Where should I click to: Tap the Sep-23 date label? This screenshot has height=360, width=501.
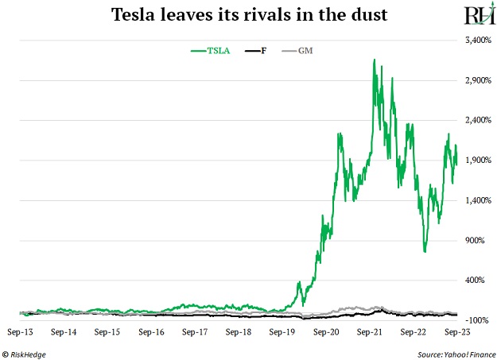pos(454,329)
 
